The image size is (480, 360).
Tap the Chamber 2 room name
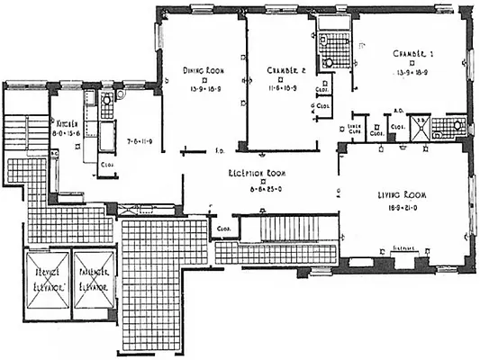click(286, 70)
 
